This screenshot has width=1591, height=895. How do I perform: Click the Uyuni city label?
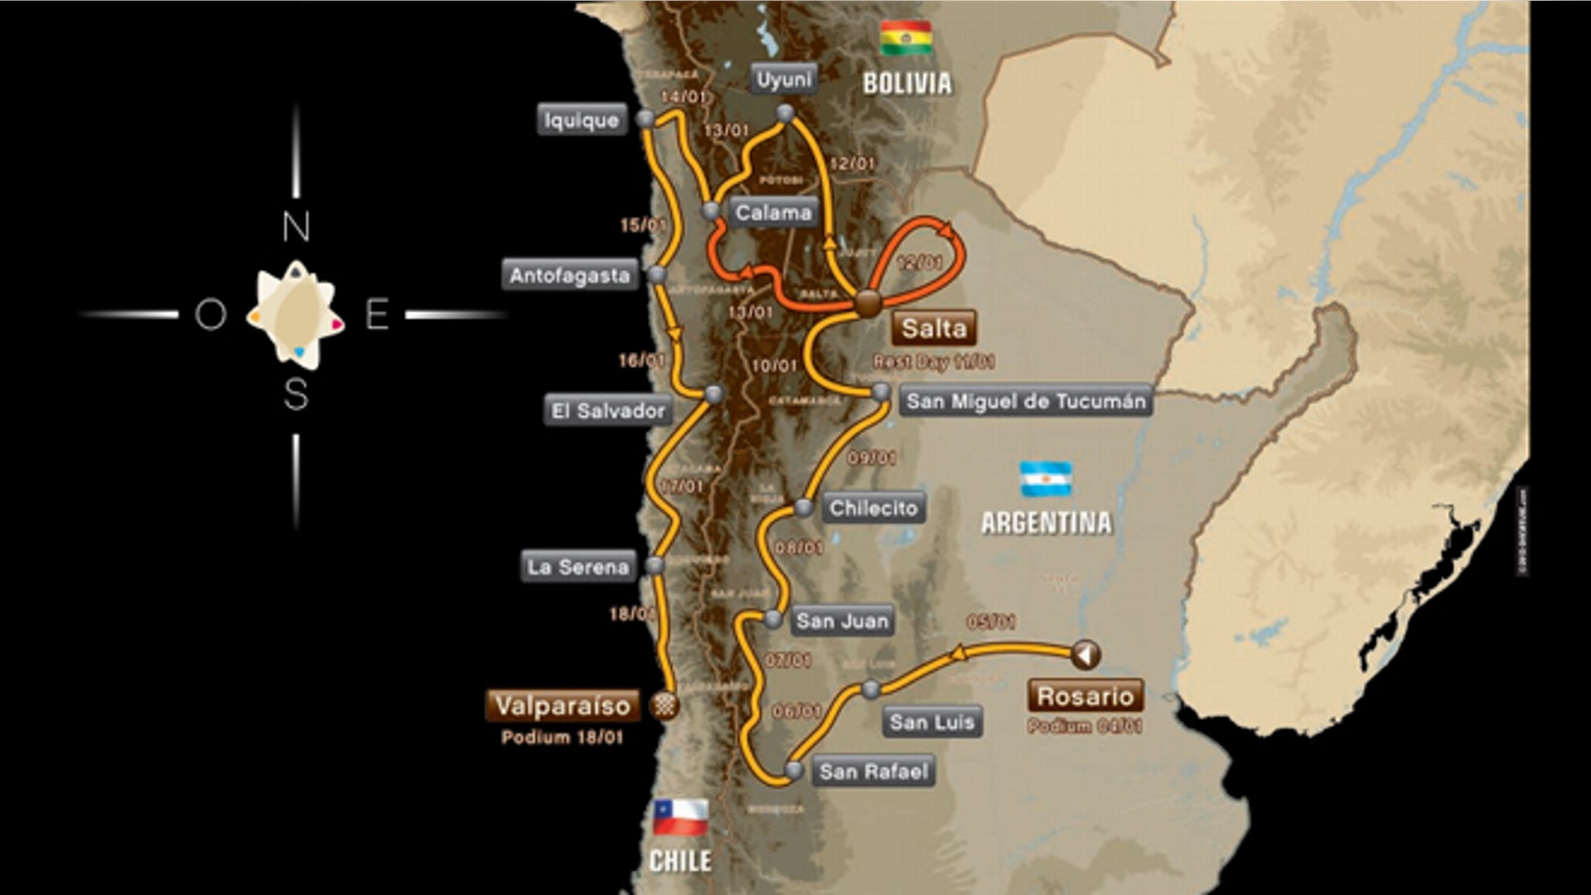[x=784, y=80]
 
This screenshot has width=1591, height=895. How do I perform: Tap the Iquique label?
[x=582, y=120]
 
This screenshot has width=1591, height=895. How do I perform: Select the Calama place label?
[x=773, y=213]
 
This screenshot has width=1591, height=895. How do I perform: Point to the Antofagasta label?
[x=570, y=276]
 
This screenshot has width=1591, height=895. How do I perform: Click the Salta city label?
[x=934, y=328]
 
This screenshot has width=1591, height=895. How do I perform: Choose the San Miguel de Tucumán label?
[x=1026, y=402]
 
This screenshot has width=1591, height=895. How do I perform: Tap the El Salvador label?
[x=608, y=411]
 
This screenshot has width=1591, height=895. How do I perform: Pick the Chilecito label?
[x=873, y=508]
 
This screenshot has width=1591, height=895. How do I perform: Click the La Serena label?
[x=578, y=568]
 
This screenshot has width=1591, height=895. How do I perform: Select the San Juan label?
[x=842, y=621]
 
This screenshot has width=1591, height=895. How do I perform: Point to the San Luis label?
[x=931, y=723]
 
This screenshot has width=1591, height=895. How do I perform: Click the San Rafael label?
[x=873, y=772]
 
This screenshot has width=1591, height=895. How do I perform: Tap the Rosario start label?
[x=1085, y=696]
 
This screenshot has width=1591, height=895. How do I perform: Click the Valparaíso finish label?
[x=563, y=706]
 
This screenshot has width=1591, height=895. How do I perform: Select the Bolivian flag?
[x=906, y=38]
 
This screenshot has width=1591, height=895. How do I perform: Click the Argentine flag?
[x=1045, y=479]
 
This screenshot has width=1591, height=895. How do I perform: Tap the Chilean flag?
[x=680, y=817]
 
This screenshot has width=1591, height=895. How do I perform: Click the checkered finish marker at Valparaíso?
[x=665, y=705]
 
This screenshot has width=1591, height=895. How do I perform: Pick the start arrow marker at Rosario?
[x=1085, y=655]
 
